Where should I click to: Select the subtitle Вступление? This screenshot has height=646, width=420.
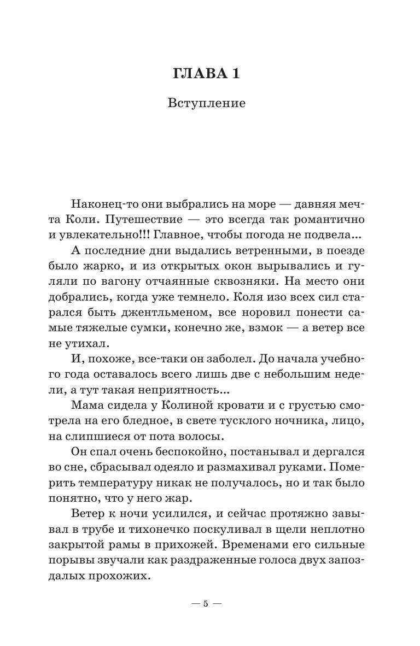click(x=207, y=103)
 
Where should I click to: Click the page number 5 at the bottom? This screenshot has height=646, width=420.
click(x=206, y=604)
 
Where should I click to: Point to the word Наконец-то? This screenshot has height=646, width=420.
click(x=101, y=203)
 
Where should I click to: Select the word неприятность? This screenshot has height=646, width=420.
click(x=184, y=391)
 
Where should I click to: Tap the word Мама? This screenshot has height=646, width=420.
click(x=86, y=407)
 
